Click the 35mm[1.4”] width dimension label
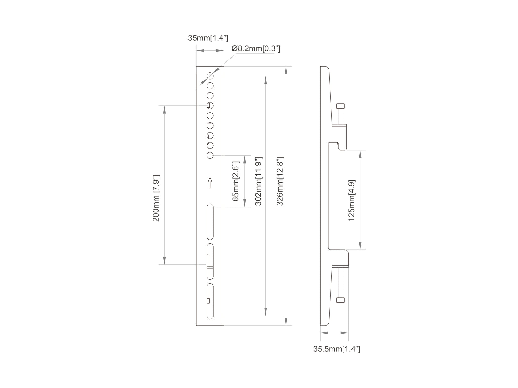tap(208, 38)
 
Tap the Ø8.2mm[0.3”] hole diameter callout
tap(256, 49)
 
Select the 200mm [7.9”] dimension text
tap(156, 198)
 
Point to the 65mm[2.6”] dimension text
tap(236, 181)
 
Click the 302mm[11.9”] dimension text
tap(258, 181)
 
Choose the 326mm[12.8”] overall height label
tap(280, 181)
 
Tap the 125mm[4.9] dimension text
tap(352, 200)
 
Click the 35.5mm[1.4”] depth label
tap(336, 349)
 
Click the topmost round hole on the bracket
tap(210, 76)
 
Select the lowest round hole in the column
tap(210, 156)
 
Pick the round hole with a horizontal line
tap(210, 125)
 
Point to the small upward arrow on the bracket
tap(210, 183)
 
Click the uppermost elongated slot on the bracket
tap(210, 222)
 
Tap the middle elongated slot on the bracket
tap(210, 262)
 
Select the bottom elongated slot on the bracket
tap(210, 301)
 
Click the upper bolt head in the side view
tap(341, 106)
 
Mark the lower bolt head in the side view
tap(341, 300)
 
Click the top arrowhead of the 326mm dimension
tap(286, 70)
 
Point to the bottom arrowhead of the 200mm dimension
tap(164, 261)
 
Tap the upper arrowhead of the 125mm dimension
tap(360, 154)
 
